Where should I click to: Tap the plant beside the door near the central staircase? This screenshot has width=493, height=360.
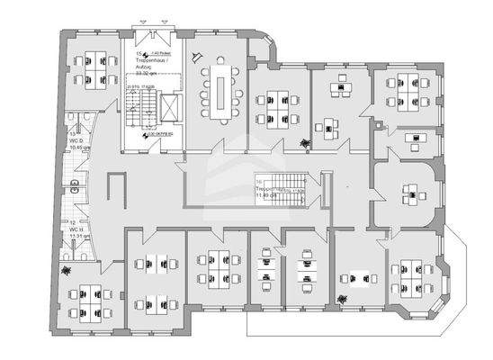click(x=306, y=141)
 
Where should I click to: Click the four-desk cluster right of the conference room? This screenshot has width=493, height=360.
click(x=275, y=106)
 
